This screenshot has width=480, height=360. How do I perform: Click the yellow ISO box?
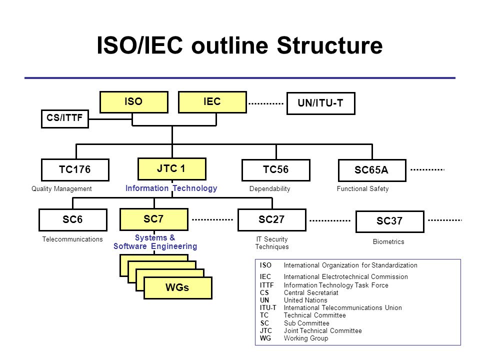[x=134, y=102]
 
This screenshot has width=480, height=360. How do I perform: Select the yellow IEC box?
[x=212, y=102]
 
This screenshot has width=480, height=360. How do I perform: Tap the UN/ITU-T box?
[x=321, y=103]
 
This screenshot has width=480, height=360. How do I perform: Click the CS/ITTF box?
[x=65, y=119]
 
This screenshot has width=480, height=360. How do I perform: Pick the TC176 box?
[x=75, y=170]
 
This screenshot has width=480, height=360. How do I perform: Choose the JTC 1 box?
[x=172, y=169]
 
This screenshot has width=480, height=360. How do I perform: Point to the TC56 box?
[x=276, y=170]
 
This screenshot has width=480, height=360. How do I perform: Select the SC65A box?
[x=372, y=170]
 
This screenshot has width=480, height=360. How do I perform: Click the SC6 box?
[x=73, y=220]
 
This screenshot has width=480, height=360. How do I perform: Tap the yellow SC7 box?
[x=154, y=219]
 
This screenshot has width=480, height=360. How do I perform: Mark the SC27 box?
[x=272, y=220]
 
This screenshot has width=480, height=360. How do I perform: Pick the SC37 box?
[x=390, y=221]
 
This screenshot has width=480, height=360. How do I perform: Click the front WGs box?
[x=178, y=288]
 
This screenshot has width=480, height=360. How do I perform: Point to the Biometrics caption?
[x=388, y=242]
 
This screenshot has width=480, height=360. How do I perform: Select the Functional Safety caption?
[x=363, y=189]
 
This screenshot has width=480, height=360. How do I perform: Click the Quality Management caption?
[x=61, y=189]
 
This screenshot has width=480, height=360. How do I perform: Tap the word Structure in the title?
[x=329, y=45]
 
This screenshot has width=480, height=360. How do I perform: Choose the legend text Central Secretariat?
[x=311, y=292]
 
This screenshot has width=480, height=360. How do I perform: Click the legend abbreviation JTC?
[x=265, y=330]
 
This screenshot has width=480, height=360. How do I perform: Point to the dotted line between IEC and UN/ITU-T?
[x=266, y=104]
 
